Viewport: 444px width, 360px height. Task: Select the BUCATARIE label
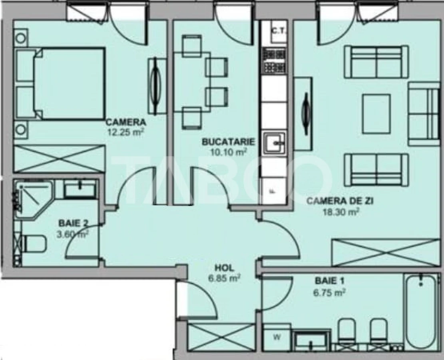pos(228,142)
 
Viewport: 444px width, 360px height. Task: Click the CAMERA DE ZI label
pos(340,202)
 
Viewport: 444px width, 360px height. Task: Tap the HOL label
pos(224,268)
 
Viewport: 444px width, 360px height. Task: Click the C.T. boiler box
pos(277,31)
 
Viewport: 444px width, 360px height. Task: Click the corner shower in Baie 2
pos(33,198)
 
